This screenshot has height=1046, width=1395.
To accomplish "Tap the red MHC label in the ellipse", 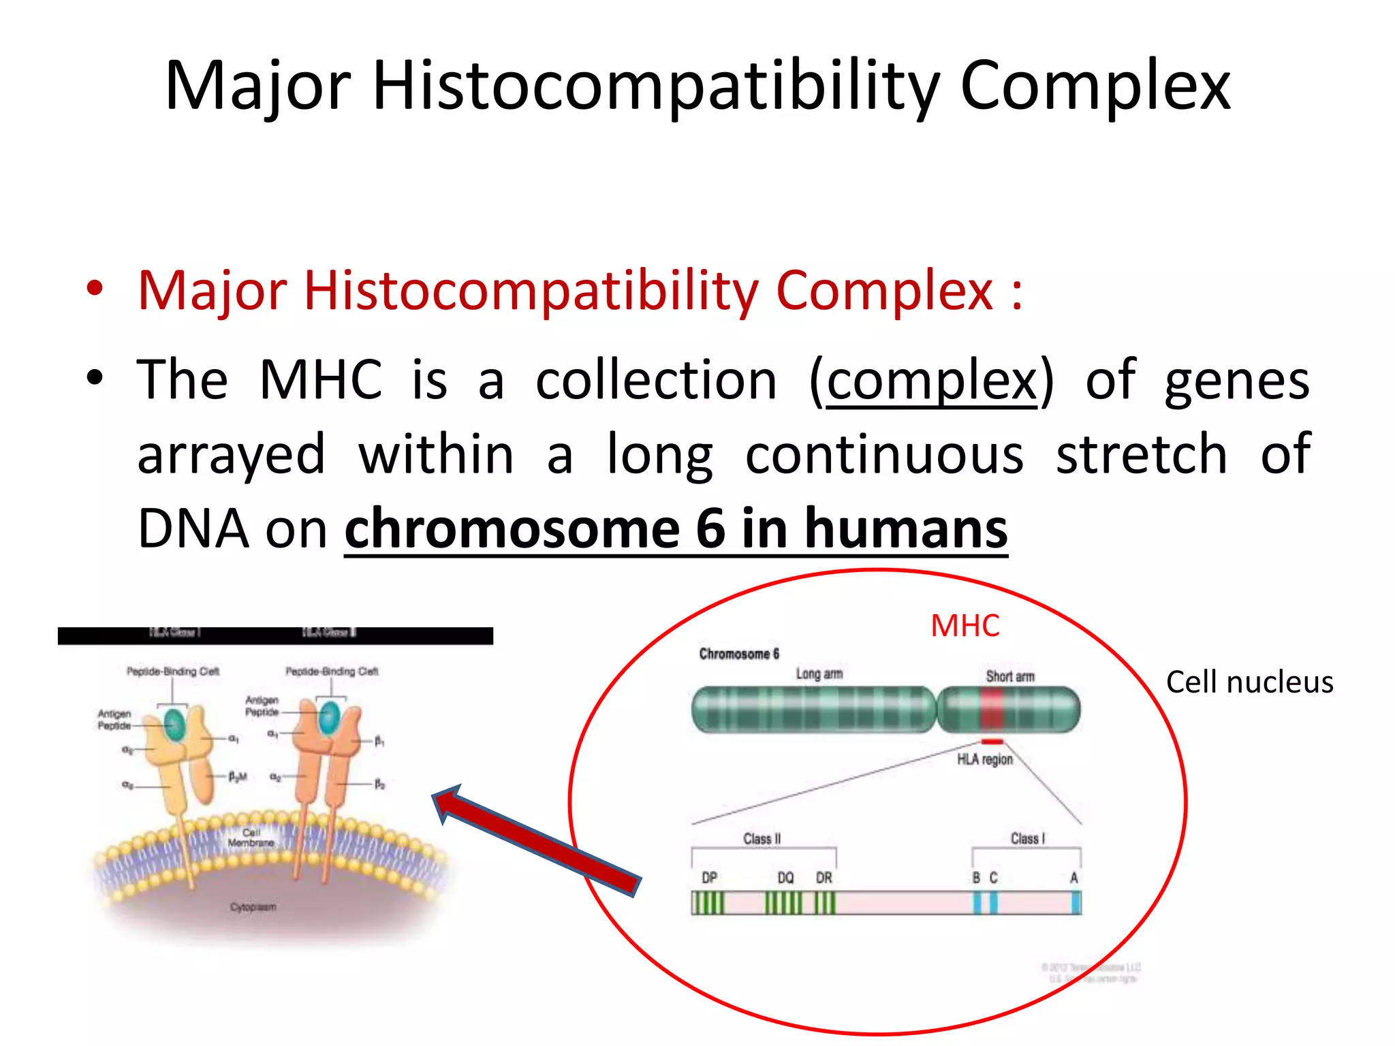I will [965, 626].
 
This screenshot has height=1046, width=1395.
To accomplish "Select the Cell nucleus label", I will [1249, 682].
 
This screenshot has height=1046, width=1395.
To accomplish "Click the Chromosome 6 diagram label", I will [739, 654].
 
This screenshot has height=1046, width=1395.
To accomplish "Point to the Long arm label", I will [819, 674].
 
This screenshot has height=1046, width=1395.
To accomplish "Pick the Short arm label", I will [1009, 676].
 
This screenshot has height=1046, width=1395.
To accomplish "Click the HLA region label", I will [985, 759].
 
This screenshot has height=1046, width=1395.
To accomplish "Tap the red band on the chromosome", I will [992, 710].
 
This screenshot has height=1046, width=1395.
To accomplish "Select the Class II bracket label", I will [762, 839].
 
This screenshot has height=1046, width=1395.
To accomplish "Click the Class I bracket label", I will [1027, 839].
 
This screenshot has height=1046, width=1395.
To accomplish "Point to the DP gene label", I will [709, 878].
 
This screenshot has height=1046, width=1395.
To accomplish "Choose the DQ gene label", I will [785, 878].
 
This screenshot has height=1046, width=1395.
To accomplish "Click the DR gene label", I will [824, 878].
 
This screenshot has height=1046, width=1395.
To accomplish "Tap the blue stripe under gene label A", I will [1076, 903].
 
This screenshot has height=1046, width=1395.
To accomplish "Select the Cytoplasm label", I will [253, 907].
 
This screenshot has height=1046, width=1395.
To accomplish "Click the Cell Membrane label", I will [251, 838].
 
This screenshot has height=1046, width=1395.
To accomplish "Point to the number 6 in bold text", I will [710, 529].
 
